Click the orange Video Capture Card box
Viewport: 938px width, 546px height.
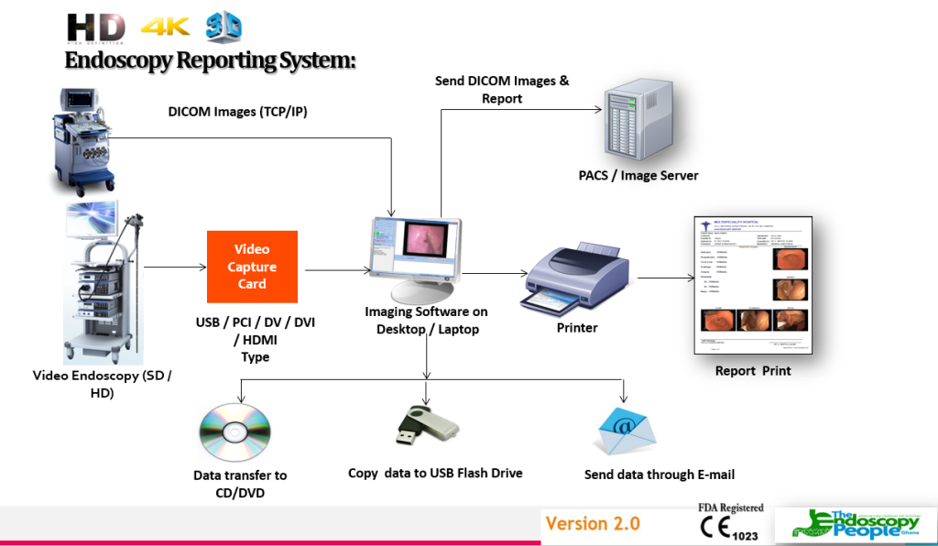[x=252, y=267]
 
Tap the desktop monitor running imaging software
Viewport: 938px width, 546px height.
[x=414, y=257]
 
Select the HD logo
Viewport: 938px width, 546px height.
[x=95, y=27]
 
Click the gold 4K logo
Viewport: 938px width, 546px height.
[x=166, y=27]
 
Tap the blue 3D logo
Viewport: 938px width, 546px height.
[x=224, y=27]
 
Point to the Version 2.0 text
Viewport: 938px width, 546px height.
[x=593, y=524]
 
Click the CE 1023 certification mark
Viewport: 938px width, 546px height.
[x=729, y=530]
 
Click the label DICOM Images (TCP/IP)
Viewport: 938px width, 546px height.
[x=236, y=112]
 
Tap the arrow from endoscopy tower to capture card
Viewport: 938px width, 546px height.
[x=175, y=268]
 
